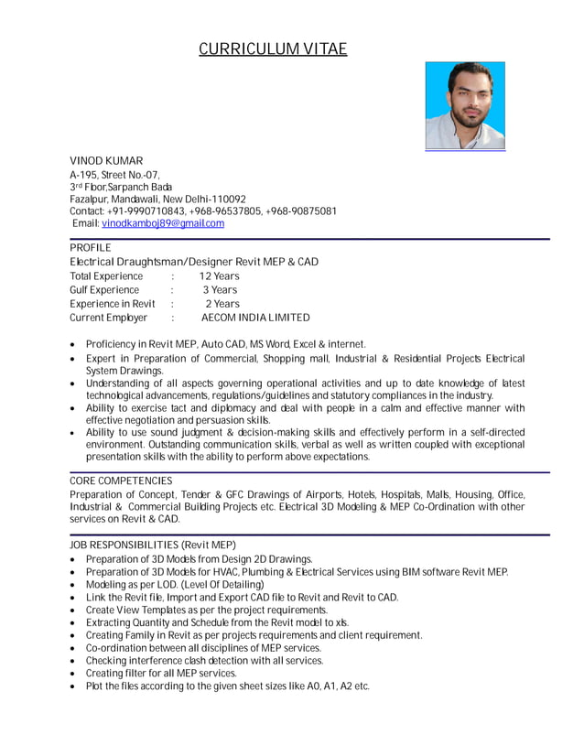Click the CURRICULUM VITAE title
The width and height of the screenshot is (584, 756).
273,49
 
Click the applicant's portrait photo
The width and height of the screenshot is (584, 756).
464,105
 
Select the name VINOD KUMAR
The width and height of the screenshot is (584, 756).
106,161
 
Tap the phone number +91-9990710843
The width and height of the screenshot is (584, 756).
146,211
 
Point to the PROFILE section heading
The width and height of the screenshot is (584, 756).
91,248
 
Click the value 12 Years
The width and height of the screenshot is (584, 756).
219,276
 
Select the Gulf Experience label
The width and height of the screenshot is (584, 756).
104,290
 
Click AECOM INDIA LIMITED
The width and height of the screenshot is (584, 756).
255,318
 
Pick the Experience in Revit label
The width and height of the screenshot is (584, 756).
113,304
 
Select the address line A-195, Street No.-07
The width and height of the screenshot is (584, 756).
115,174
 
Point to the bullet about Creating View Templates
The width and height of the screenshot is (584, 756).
206,610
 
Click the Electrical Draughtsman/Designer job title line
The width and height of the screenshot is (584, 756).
194,262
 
